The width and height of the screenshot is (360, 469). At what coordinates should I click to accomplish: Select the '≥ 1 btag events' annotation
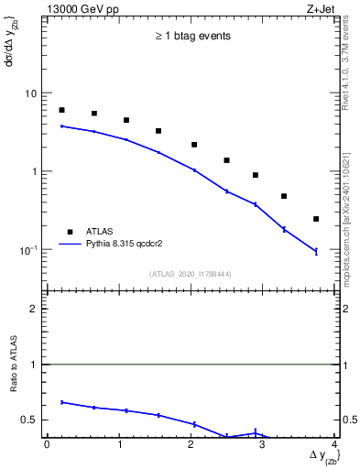click(x=191, y=37)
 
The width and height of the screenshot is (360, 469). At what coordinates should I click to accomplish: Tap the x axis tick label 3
click(x=263, y=444)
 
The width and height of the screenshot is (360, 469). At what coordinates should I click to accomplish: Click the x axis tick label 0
click(x=47, y=444)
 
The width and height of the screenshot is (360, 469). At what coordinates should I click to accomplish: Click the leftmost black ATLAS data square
click(x=61, y=110)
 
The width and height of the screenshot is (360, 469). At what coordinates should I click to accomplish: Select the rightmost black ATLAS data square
click(x=316, y=219)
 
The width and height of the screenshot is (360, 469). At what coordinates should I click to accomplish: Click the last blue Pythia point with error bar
click(x=316, y=251)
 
